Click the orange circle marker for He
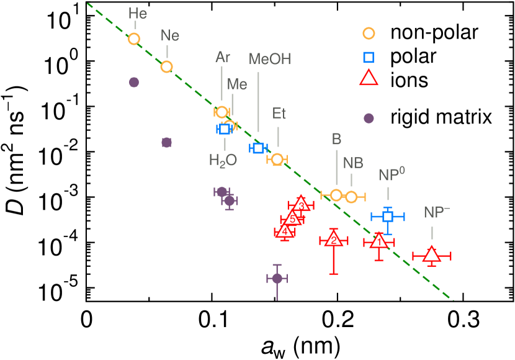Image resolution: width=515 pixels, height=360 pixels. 134,38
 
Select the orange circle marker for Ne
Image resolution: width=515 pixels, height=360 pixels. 166,66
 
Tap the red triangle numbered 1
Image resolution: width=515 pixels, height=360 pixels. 378,241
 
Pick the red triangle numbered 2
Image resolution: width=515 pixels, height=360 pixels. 334,240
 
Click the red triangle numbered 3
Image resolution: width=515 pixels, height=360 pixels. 301,204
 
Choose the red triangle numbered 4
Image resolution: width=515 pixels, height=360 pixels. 285,230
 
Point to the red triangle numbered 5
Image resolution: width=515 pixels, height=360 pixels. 292,218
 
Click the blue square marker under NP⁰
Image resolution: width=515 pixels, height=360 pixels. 388,216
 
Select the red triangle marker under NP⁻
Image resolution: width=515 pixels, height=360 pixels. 432,254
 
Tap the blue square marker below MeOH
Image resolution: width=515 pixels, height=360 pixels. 258,148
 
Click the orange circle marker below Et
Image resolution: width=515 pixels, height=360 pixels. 277,159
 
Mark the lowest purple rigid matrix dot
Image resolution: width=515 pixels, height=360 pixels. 277,278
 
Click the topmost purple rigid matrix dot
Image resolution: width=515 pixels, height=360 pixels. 134,82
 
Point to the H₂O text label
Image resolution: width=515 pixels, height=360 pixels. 223,161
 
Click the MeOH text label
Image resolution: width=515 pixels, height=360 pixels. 270,59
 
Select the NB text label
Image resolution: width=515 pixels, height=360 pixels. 353,163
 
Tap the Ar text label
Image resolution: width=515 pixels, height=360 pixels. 223,58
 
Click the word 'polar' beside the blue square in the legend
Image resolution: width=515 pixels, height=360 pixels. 413,56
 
